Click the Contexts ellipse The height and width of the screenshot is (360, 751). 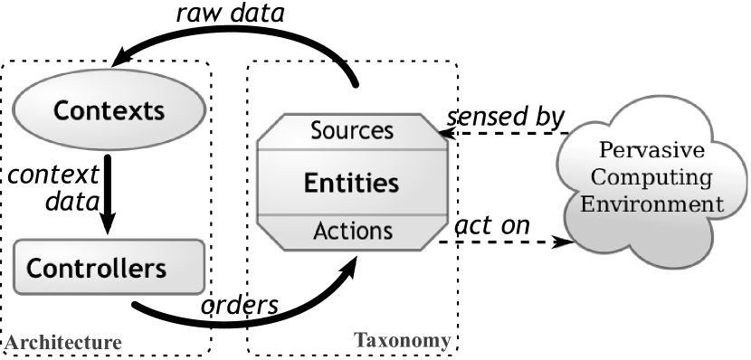click(x=109, y=110)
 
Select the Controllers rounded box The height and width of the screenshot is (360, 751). click(x=109, y=268)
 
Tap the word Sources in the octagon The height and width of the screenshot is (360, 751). click(x=352, y=130)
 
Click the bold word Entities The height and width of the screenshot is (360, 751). click(x=352, y=183)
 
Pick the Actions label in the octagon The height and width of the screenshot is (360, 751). click(x=352, y=231)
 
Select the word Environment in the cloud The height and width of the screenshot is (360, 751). click(x=652, y=204)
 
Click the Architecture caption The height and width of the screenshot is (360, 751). click(x=62, y=343)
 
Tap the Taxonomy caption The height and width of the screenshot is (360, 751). click(x=402, y=341)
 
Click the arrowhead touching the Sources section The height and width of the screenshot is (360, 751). click(x=444, y=133)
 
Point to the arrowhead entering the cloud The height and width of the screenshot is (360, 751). click(x=565, y=242)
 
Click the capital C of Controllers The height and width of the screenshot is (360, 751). click(x=35, y=269)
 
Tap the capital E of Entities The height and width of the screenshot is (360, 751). click(x=311, y=184)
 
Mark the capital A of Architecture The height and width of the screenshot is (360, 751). click(x=10, y=343)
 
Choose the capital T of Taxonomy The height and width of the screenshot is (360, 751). click(x=359, y=341)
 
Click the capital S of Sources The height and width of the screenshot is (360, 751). click(x=317, y=130)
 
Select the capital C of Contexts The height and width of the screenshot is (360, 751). click(x=62, y=111)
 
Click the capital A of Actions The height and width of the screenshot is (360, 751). click(x=319, y=231)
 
